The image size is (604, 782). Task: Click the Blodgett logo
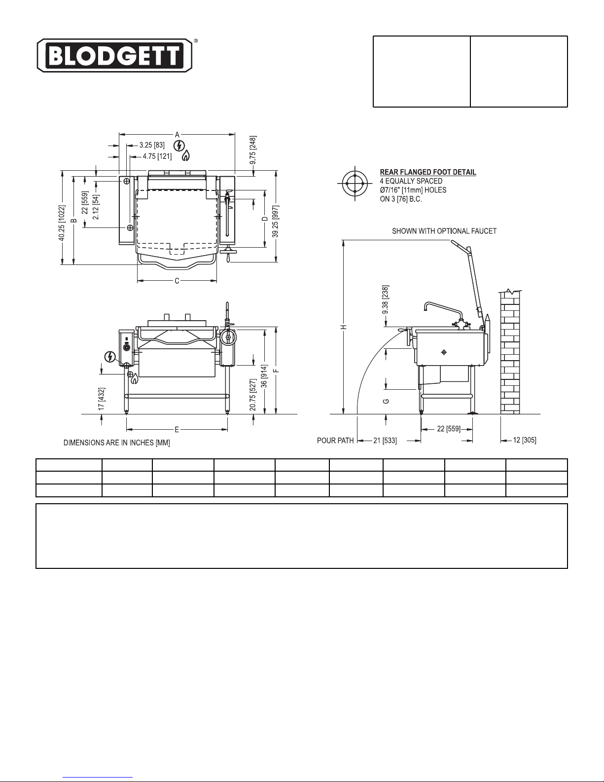[x=115, y=55]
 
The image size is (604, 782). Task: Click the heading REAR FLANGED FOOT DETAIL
[x=428, y=172]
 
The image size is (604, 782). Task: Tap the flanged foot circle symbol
[x=355, y=183]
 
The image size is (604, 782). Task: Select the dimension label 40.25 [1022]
[x=62, y=223]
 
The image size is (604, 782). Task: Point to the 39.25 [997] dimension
[x=275, y=222]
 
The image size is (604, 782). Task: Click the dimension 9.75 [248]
[x=253, y=150]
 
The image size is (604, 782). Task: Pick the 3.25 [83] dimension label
[x=152, y=145]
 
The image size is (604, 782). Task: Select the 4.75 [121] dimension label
[x=157, y=156]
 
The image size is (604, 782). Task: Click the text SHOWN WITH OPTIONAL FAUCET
[x=444, y=231]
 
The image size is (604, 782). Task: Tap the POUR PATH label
[x=335, y=441]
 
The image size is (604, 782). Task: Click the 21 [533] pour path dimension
[x=385, y=441]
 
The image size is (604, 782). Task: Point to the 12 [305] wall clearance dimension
[x=525, y=440]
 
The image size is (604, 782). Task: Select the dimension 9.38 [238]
[x=385, y=299]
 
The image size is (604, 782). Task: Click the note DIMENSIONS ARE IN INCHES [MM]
[x=117, y=443]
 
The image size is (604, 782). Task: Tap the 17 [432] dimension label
[x=102, y=399]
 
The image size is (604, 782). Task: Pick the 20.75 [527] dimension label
[x=253, y=395]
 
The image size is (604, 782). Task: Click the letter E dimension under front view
[x=177, y=429]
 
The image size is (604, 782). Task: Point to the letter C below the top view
[x=177, y=281]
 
